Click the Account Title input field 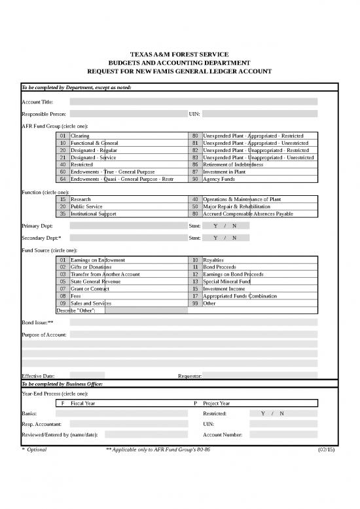(x=193, y=102)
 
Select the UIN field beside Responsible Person (x=260, y=114)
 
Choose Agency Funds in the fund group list (x=221, y=179)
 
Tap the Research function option (x=81, y=199)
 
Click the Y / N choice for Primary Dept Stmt (x=225, y=226)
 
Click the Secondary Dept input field (x=128, y=238)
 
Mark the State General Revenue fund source (x=91, y=282)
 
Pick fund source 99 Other (x=209, y=303)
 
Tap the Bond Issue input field (x=193, y=323)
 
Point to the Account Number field (x=285, y=434)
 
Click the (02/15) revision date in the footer (x=325, y=450)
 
